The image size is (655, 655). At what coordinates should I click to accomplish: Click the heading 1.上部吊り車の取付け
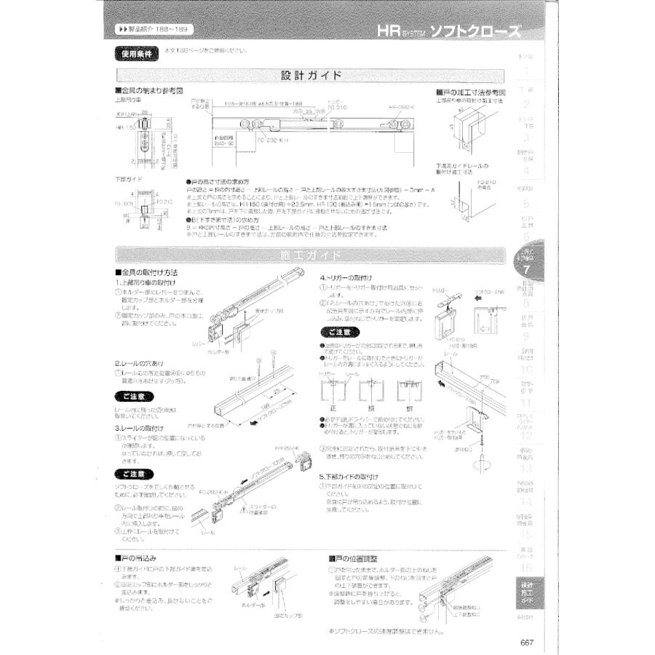pos(147,282)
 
